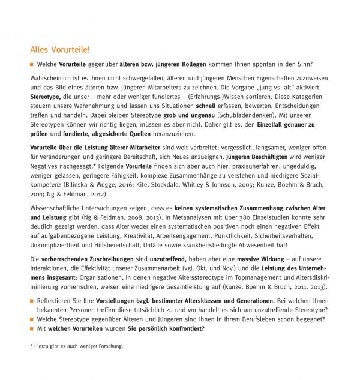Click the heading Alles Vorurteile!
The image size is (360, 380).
click(60, 49)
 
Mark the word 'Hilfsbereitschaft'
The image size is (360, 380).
click(121, 259)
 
